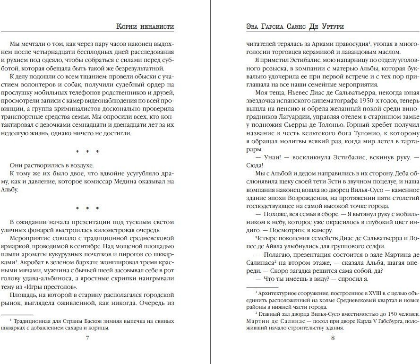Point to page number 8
coord(333,338)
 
